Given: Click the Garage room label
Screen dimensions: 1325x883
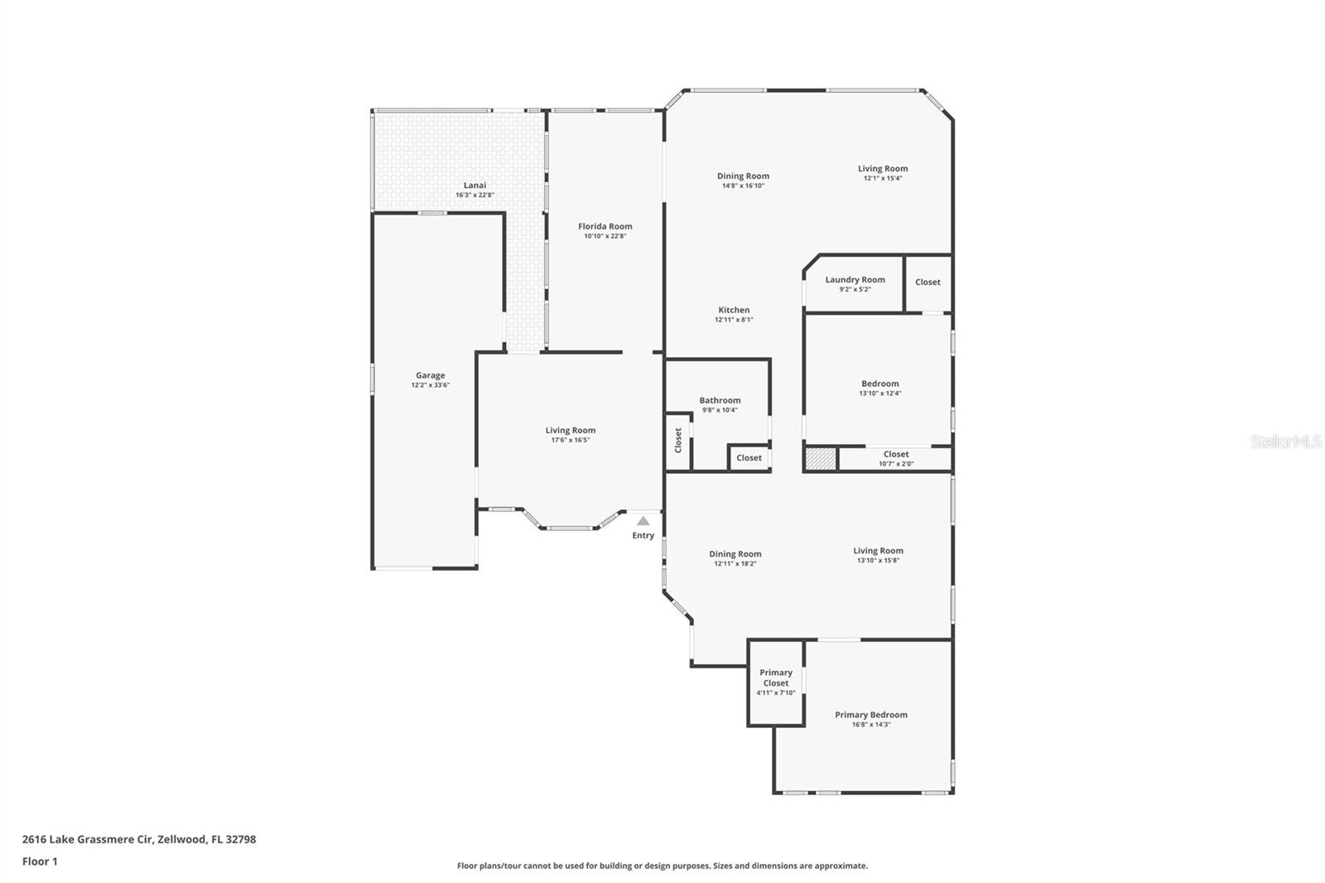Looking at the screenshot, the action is tap(430, 375).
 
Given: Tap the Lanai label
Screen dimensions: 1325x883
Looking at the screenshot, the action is tap(475, 186).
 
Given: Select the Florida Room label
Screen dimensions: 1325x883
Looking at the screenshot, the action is tap(605, 226).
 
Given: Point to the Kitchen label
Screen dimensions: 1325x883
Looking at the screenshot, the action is tap(734, 310).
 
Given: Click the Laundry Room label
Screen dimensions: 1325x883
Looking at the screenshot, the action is tap(855, 280).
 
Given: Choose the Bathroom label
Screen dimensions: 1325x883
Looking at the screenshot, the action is tap(720, 401).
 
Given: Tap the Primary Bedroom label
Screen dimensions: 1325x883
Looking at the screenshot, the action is tap(870, 715).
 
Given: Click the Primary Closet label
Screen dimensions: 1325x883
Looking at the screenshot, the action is tap(775, 678).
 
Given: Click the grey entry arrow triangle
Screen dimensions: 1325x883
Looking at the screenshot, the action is tap(643, 521).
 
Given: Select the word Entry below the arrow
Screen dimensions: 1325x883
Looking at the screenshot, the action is tap(643, 536).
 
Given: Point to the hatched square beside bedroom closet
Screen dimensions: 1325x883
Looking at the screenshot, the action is tap(821, 459).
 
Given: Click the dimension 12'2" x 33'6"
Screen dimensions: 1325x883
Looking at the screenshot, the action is tap(430, 385).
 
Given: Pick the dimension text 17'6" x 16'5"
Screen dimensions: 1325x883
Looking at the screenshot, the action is tap(571, 441).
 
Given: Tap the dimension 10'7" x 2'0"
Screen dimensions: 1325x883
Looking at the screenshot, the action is tap(896, 464).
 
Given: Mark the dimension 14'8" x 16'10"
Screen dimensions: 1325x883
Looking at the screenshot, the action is tap(743, 186).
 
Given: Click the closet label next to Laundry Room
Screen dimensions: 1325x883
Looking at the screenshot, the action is tap(927, 282).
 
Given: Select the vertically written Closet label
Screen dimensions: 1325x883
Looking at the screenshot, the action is tap(678, 441).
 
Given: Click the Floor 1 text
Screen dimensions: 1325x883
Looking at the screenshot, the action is tap(41, 861).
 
